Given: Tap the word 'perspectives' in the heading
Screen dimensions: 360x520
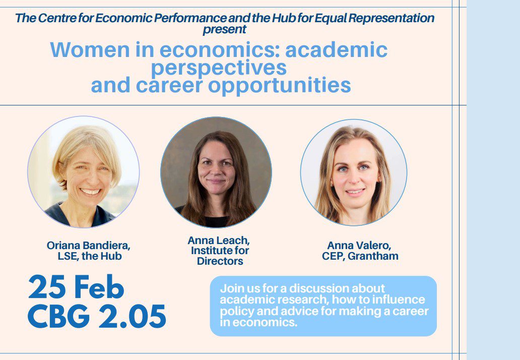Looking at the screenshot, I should [x=219, y=68].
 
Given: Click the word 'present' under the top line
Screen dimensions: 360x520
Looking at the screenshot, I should [x=225, y=30].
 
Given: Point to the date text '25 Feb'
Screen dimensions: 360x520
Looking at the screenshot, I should [x=76, y=288].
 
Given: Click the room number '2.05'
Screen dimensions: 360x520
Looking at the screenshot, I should [x=133, y=316].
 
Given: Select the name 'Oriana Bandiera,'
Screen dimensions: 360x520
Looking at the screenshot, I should [x=89, y=246].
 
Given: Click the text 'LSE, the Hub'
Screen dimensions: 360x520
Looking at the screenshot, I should [x=90, y=256].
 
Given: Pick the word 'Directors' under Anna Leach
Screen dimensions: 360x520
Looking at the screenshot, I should [x=220, y=261].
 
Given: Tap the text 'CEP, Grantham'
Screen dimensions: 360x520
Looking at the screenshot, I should [x=360, y=256].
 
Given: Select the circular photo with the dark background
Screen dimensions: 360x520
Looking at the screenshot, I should [x=216, y=172].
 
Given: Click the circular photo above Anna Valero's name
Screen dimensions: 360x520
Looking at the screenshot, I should [x=354, y=172].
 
